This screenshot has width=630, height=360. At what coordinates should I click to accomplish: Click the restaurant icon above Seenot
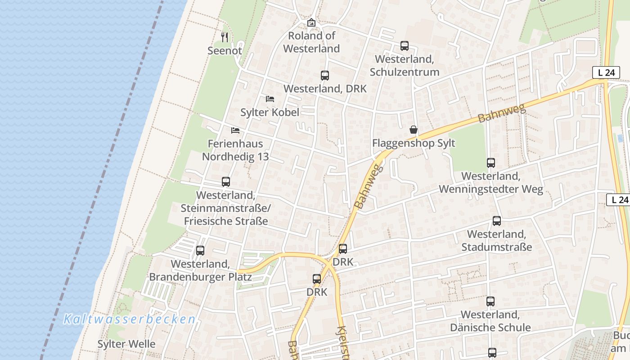click(225, 37)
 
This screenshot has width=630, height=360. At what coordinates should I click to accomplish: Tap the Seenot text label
click(225, 51)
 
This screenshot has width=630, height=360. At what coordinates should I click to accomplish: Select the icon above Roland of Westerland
click(311, 22)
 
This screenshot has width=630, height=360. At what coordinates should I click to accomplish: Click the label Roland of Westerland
click(311, 42)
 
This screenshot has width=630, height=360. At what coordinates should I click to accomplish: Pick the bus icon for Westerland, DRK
click(325, 75)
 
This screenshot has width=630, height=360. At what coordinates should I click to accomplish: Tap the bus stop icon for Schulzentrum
click(405, 45)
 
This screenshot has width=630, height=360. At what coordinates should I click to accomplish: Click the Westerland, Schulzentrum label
click(404, 66)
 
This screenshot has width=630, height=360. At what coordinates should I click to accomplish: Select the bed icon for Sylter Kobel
click(270, 99)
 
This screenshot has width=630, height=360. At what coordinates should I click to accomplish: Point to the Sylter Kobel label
click(270, 112)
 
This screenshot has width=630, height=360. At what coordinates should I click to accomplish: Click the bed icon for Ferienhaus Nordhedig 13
click(235, 130)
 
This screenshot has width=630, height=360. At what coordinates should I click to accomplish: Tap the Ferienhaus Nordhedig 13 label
click(235, 150)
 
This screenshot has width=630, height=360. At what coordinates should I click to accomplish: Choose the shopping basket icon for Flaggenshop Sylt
click(414, 130)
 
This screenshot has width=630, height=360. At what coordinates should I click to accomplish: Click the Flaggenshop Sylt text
click(414, 144)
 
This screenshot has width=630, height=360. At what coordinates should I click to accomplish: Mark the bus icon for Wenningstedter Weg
click(490, 163)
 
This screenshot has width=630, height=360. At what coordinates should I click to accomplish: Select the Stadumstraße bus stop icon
click(496, 221)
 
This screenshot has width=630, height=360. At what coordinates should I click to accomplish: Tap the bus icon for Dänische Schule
click(490, 301)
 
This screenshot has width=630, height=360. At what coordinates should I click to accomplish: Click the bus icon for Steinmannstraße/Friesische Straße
click(226, 182)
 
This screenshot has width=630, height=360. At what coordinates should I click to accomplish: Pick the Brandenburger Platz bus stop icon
click(200, 250)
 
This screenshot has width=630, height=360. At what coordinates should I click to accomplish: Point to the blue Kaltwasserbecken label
click(130, 319)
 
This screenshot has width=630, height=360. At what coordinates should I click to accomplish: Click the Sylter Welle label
click(126, 344)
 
